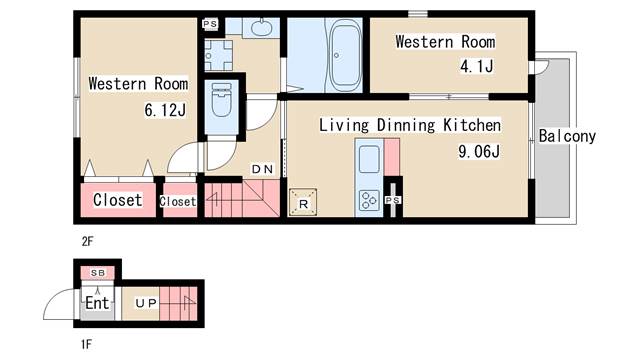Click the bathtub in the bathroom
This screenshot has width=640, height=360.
pos(345,55)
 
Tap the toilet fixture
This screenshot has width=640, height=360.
pos(222,100)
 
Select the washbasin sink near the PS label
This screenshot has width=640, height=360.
pos(261,27)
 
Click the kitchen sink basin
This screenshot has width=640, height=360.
pos(369,159)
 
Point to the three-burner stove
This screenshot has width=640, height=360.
pos(369,200)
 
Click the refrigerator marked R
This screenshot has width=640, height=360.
pos(303,202)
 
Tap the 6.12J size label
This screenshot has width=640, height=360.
pos(165,110)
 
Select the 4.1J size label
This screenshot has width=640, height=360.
pos(477,66)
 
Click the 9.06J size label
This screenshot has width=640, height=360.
pos(479,151)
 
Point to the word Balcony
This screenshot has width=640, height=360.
pos(567,136)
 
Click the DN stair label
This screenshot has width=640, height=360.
pos(262,169)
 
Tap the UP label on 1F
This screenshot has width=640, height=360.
pos(146,303)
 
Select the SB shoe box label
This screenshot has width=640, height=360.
pos(98,273)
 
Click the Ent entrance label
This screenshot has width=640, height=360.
pos(97,303)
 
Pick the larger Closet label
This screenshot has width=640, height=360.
pos(118,200)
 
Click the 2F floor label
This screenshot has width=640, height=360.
pos(87,242)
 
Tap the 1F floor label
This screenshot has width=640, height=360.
pos(86,344)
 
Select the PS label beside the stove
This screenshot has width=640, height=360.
pos(393,200)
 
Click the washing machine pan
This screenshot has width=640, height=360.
pos(218,55)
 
